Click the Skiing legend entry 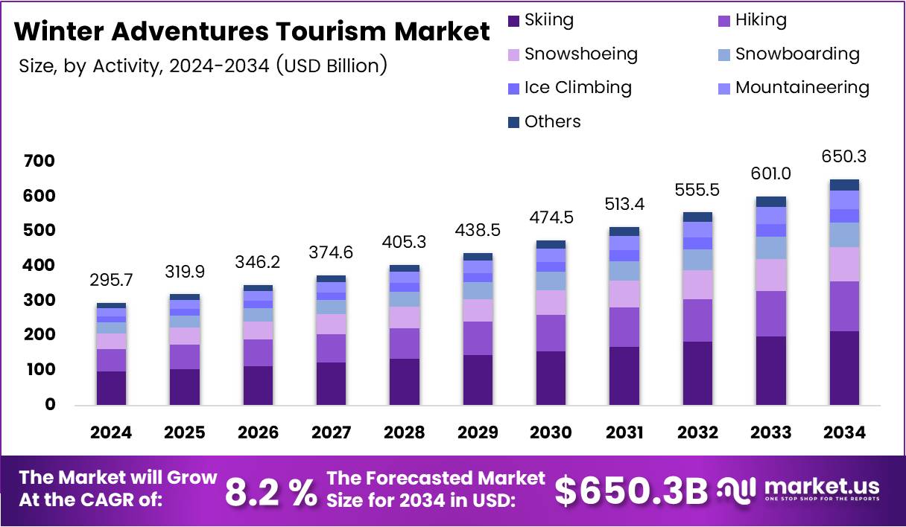click(x=541, y=20)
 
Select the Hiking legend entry click(x=752, y=20)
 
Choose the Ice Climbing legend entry click(x=569, y=87)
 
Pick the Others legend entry click(x=544, y=121)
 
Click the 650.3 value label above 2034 click(x=844, y=157)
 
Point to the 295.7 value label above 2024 click(x=111, y=281)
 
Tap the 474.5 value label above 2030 click(x=551, y=218)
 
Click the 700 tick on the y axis click(x=39, y=162)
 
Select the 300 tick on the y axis click(x=39, y=301)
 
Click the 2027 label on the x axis click(x=332, y=432)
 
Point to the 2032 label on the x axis click(x=697, y=432)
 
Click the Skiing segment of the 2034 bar click(x=844, y=368)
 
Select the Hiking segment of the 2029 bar click(x=478, y=338)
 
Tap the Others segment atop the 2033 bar click(x=771, y=202)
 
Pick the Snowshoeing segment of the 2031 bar click(x=624, y=294)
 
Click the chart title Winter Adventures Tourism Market click(x=252, y=32)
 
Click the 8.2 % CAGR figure click(x=270, y=491)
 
